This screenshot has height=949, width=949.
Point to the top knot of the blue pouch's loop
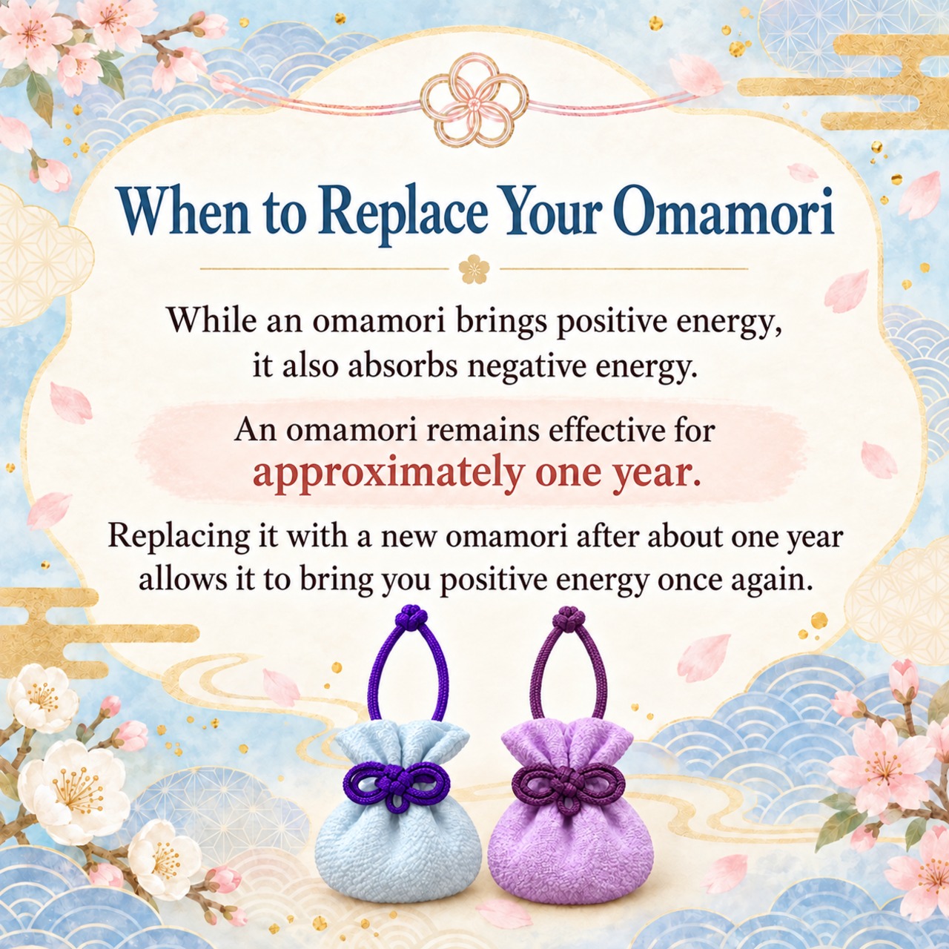(x=408, y=617)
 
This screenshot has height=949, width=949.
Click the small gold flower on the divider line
(x=474, y=269)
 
